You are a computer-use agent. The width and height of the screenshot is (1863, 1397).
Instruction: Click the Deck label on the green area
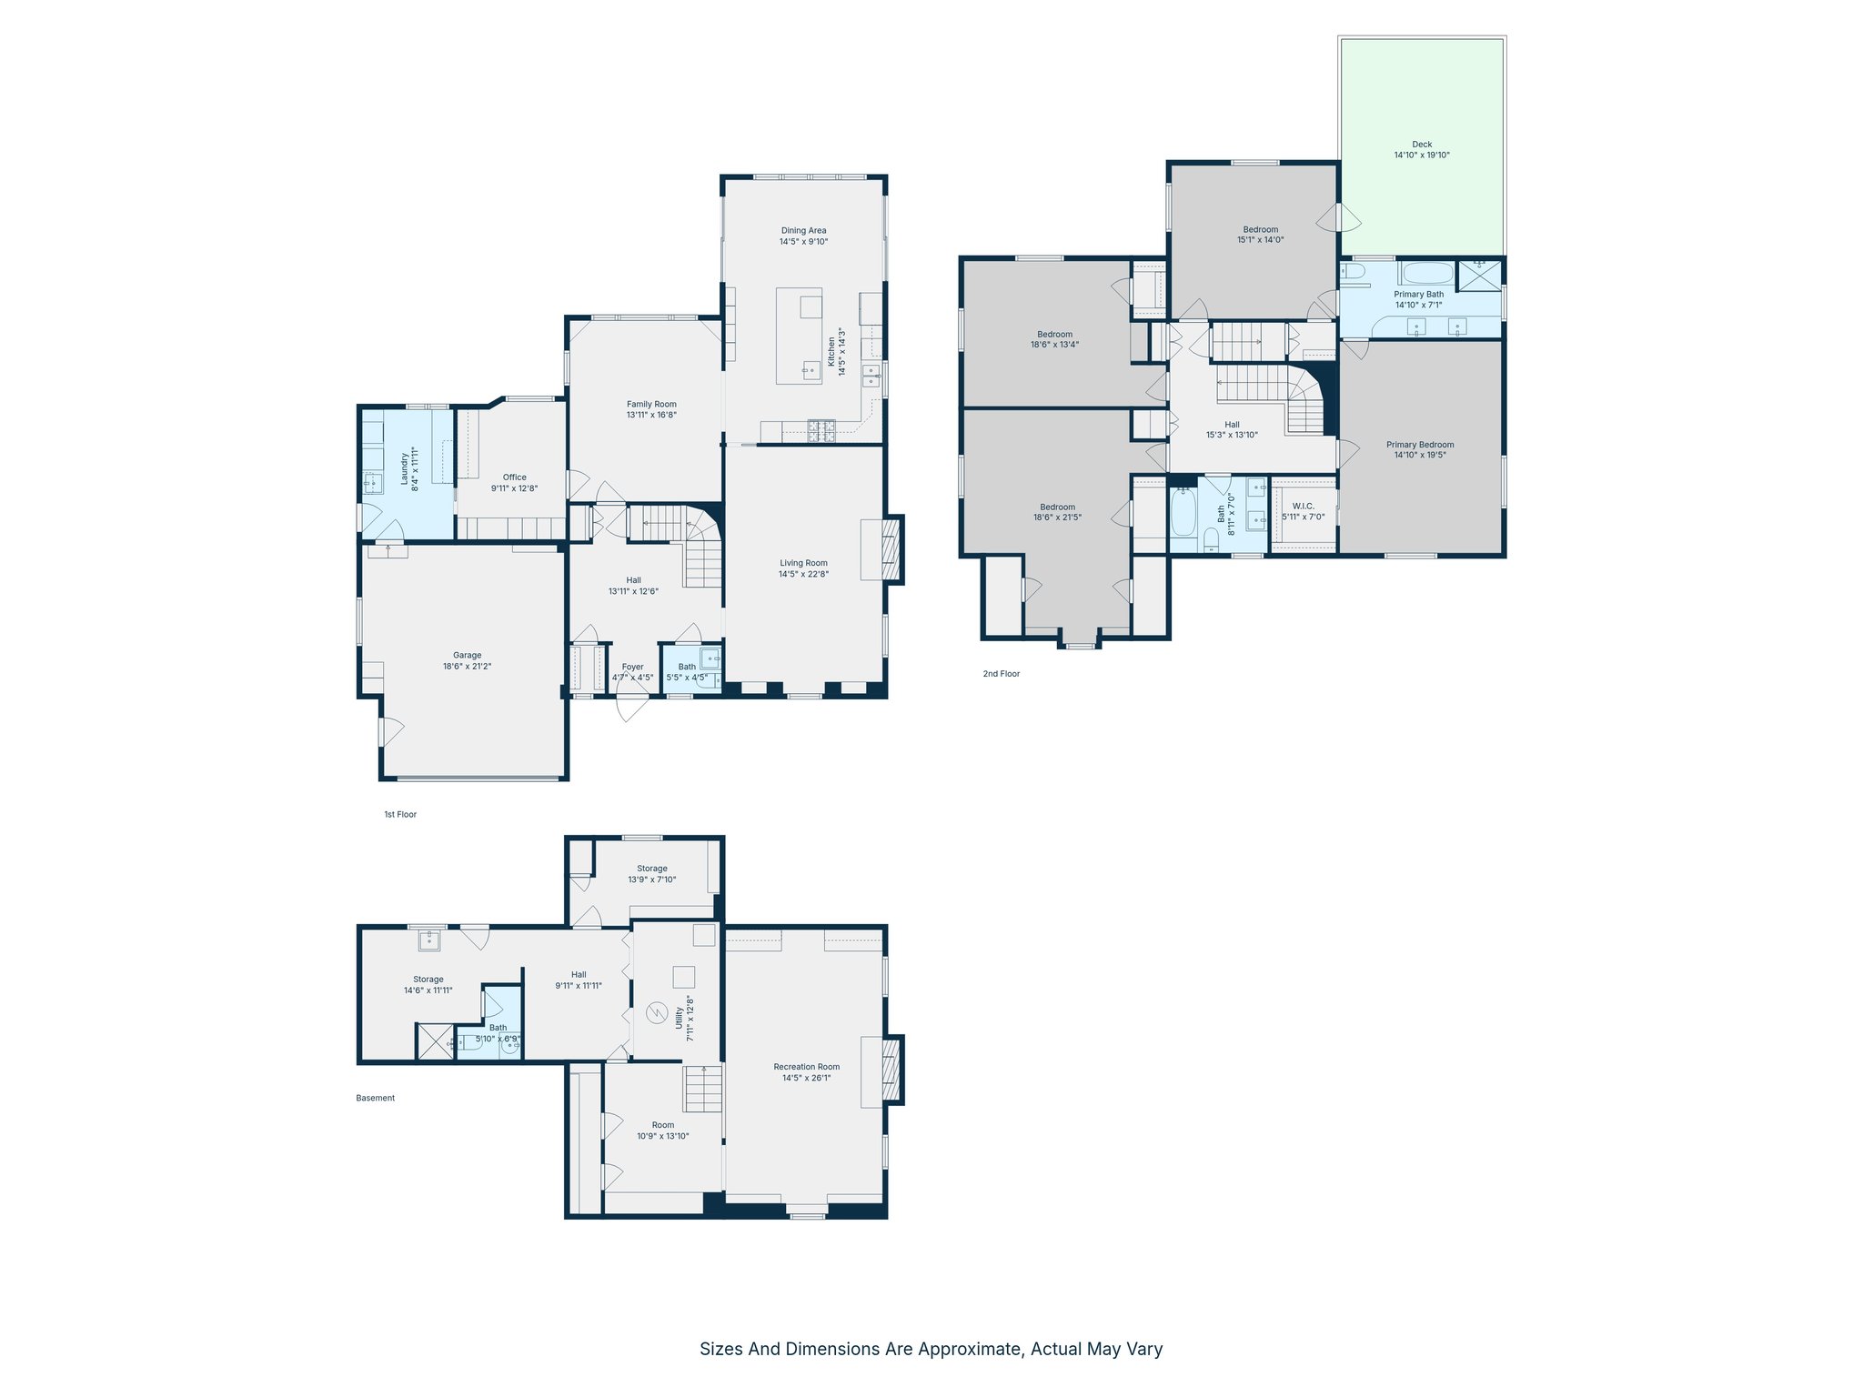[1422, 145]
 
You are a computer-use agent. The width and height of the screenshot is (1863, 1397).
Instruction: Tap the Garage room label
[468, 655]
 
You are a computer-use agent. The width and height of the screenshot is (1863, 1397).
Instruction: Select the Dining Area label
[803, 231]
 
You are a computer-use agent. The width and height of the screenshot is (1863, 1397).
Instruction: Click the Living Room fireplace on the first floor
[892, 549]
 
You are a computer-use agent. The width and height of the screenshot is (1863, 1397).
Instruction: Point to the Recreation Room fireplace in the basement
[892, 1070]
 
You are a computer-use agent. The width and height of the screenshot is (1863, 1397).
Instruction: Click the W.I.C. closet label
[1303, 507]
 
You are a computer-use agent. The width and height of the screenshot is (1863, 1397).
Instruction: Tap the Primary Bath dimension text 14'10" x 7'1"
[1418, 306]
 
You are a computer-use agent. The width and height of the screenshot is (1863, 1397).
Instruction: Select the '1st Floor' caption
[400, 815]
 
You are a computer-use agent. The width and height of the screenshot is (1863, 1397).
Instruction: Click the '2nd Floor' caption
[1001, 674]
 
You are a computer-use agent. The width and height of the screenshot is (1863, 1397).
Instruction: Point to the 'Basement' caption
[376, 1099]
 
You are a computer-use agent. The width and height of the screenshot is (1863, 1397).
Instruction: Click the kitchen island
[799, 337]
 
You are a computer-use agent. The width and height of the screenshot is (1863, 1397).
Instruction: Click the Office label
[515, 477]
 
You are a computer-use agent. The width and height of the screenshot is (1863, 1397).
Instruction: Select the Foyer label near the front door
[632, 668]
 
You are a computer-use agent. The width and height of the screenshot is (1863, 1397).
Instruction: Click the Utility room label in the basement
[680, 1019]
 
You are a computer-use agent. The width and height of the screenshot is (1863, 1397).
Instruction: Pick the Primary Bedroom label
[1420, 445]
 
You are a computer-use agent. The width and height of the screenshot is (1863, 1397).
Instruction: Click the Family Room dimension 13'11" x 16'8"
[651, 416]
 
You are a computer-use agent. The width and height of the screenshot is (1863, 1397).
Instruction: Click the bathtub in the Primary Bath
[1426, 274]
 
